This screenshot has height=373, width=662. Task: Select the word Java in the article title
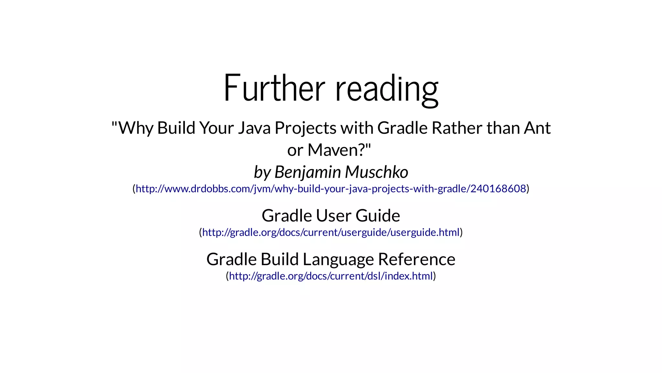coord(254,128)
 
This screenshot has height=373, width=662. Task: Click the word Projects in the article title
coord(305,128)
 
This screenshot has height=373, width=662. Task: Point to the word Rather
coord(457,128)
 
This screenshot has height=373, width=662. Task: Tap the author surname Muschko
coord(376,172)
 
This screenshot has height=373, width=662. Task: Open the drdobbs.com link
coord(331,188)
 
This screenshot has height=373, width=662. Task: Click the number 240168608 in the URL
coord(498,188)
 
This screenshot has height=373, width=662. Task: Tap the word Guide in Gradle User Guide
coord(378,216)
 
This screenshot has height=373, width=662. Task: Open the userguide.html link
coord(331,232)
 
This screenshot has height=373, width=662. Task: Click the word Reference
coord(416,259)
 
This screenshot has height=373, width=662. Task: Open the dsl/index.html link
coord(331,276)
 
